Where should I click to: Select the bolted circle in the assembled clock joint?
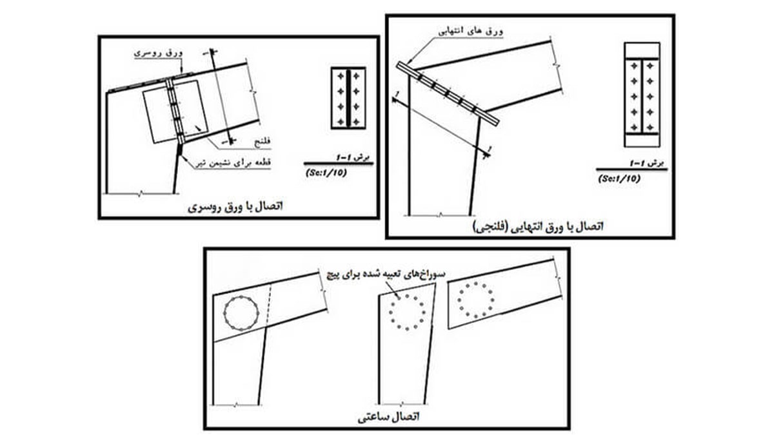click(241, 313)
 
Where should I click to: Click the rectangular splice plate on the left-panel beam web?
click(174, 114)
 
